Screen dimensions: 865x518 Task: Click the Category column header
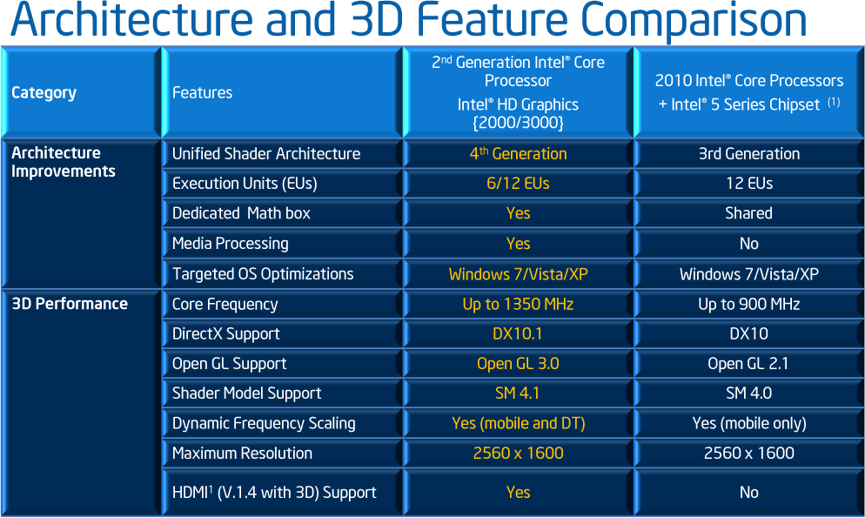coord(44,92)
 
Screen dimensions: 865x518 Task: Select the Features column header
coord(202,92)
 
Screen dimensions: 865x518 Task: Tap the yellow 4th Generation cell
coord(518,153)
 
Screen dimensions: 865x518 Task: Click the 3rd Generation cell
coord(749,153)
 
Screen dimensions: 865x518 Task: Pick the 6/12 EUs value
coord(518,183)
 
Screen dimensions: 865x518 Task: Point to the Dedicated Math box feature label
coord(241,213)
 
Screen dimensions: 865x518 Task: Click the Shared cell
coord(748,213)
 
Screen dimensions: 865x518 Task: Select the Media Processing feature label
coord(230,243)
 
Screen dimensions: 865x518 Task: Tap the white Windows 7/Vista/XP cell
coord(749,274)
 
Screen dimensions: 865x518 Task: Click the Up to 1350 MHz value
coord(518,304)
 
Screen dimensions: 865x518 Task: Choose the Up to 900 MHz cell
coord(749,304)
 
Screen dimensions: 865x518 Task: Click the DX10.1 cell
coord(518,333)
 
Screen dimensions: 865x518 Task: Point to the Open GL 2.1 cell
coord(748,364)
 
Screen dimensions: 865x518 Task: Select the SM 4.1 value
coord(518,394)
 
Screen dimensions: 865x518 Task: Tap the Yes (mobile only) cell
coord(749,423)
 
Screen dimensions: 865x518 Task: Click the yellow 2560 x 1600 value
coord(518,453)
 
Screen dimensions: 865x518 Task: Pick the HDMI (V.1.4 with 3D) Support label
coord(274,492)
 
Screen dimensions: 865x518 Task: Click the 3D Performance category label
coord(70,304)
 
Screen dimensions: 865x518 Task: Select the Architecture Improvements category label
coord(63,162)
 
